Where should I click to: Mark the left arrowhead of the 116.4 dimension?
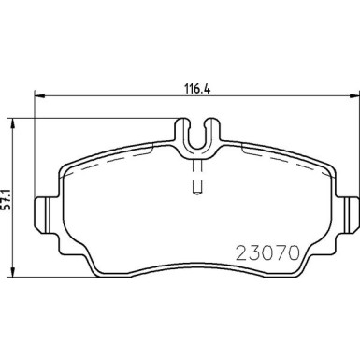[38, 95]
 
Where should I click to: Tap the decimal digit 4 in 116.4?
[205, 81]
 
